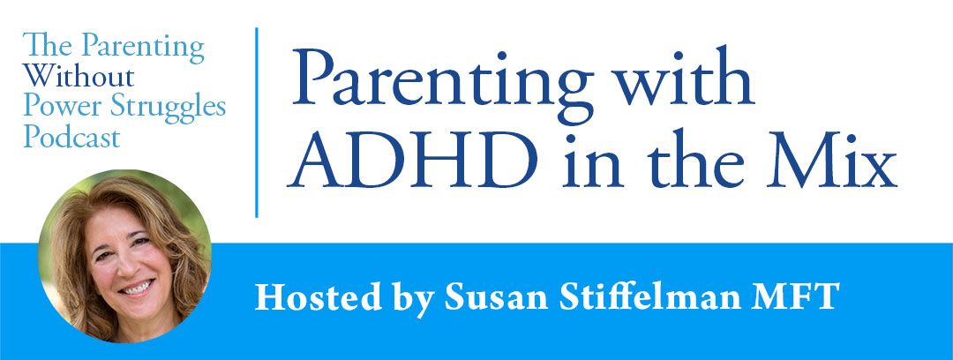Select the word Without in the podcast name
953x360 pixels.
79,76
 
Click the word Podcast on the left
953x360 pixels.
71,137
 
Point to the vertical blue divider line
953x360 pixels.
257,123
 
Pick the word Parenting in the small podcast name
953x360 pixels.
143,48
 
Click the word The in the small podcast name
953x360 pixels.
49,46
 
